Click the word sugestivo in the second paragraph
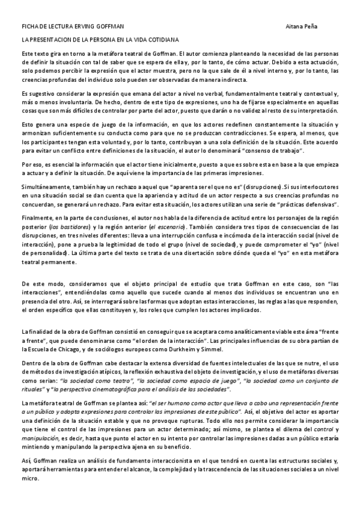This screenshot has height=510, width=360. (x=40, y=95)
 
